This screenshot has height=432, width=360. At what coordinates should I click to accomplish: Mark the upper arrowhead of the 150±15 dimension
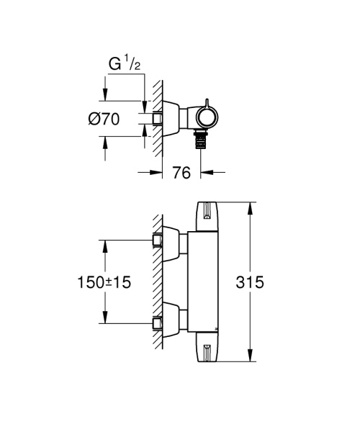(x=106, y=245)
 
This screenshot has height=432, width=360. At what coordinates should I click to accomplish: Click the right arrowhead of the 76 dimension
(x=204, y=171)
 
